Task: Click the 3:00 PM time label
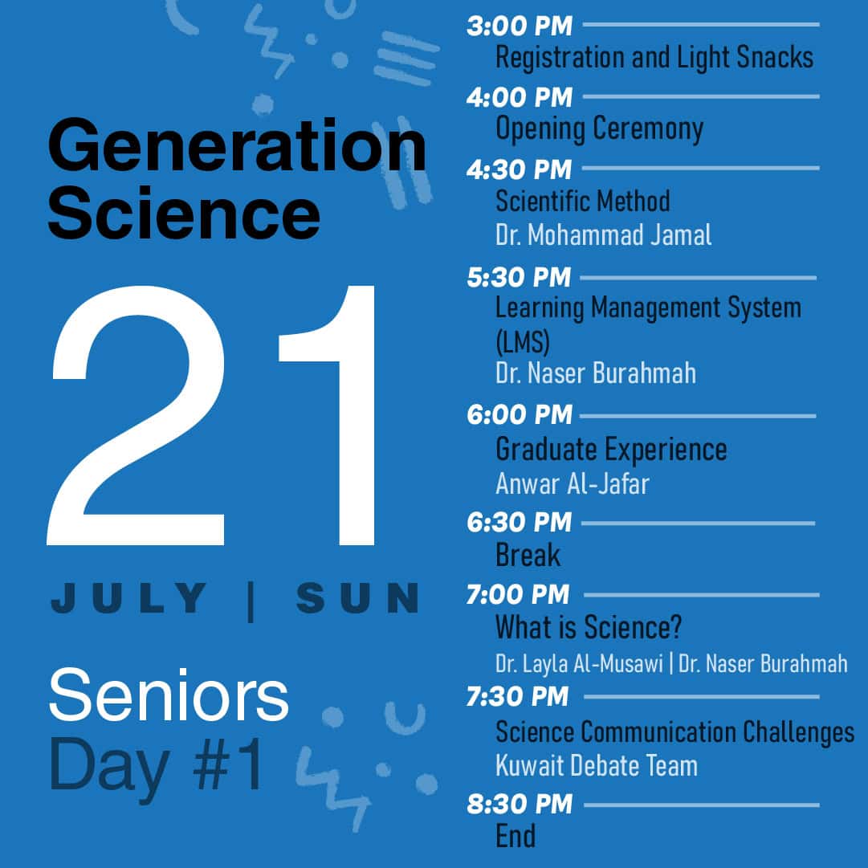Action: tap(519, 26)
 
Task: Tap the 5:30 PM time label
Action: tap(518, 277)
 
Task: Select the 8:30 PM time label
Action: tap(519, 804)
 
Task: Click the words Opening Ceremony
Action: tap(599, 129)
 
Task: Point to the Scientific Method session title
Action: tap(582, 201)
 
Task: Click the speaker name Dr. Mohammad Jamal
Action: tap(603, 234)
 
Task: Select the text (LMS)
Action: tap(522, 341)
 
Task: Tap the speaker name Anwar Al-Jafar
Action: tap(572, 483)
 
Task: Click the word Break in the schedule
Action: tap(528, 555)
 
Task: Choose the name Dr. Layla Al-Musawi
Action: tap(579, 663)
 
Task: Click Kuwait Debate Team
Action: tap(596, 765)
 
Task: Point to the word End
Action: tap(516, 836)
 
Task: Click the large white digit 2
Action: tap(137, 416)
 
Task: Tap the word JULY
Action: tap(129, 598)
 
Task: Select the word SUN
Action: tap(357, 598)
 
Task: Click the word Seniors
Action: tap(169, 695)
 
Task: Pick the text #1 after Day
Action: tap(227, 764)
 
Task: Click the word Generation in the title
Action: tap(238, 145)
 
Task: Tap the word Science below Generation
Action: tap(184, 213)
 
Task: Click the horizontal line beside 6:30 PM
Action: tap(698, 523)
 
